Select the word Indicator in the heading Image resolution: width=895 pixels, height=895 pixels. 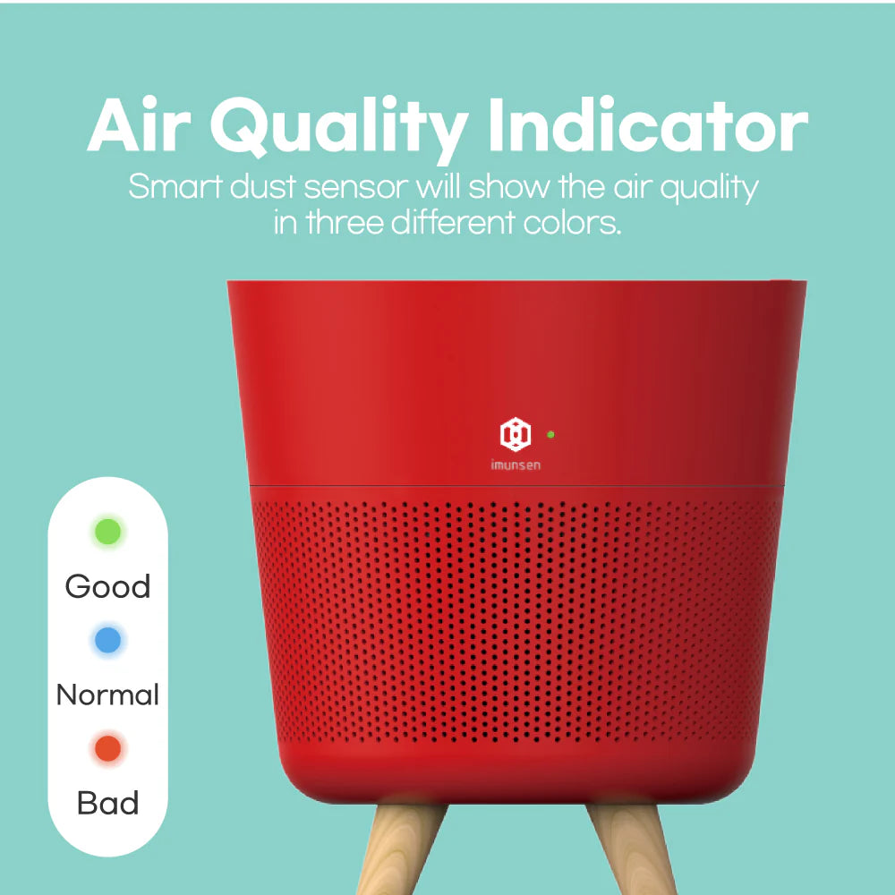pos(649,128)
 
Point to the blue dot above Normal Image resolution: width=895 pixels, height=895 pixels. pos(107,640)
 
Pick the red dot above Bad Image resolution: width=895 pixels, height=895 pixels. pos(107,748)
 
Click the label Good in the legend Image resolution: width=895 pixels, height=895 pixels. pos(107,587)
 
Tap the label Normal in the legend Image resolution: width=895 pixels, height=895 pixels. pos(107,695)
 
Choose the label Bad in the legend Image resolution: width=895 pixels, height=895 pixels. pos(107,803)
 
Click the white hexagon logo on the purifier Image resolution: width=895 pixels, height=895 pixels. pos(516,434)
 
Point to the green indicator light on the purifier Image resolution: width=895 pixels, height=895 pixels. pos(550,434)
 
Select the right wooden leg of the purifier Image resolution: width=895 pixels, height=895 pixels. pos(626,850)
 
